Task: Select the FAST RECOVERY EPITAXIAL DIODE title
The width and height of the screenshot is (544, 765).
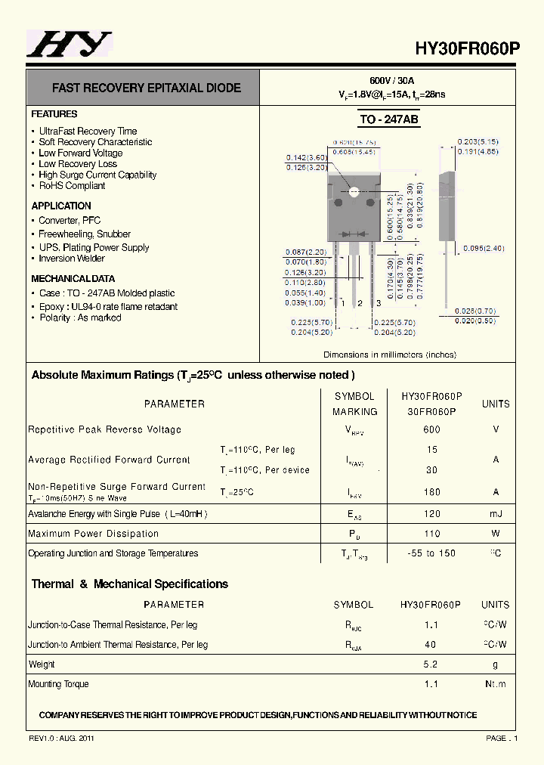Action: [x=147, y=88]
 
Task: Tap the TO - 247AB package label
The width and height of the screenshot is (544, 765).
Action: [x=388, y=119]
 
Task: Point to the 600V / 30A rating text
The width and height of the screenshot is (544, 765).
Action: [x=391, y=81]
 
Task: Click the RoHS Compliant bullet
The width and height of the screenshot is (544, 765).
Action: [x=72, y=185]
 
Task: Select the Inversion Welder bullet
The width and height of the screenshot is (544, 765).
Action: [x=72, y=259]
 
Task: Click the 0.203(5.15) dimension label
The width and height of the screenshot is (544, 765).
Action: [x=478, y=141]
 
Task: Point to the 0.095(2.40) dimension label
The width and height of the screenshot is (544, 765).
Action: [x=483, y=248]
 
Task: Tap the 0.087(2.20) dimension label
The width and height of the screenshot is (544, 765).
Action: [x=305, y=252]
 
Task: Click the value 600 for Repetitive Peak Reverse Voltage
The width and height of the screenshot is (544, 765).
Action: [x=431, y=429]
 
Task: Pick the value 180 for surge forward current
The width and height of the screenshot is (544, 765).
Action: [x=431, y=492]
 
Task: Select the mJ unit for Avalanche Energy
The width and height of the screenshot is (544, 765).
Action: [x=496, y=514]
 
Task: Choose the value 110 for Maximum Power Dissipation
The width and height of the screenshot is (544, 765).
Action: [x=431, y=534]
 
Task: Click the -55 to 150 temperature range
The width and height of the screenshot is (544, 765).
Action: [x=431, y=553]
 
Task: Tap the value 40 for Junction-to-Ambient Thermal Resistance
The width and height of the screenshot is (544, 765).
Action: [x=431, y=645]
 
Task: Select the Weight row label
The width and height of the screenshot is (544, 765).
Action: [x=42, y=664]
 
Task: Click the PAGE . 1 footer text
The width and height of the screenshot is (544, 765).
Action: [x=501, y=738]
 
